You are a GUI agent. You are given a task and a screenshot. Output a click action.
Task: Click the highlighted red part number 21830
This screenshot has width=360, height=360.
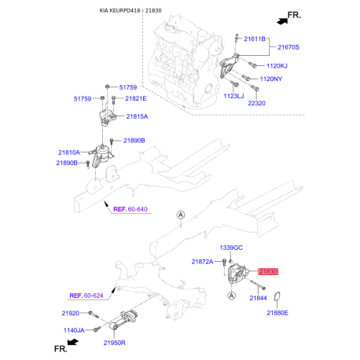pyautogui.click(x=270, y=272)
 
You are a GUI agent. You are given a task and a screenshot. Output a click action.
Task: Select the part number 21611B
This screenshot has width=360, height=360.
pyautogui.click(x=255, y=38)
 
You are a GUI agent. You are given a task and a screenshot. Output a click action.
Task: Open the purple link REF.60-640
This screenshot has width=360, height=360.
pyautogui.click(x=130, y=209)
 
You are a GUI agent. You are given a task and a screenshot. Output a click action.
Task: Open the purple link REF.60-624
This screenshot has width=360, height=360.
pyautogui.click(x=86, y=296)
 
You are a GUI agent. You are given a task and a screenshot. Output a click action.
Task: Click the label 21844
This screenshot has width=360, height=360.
pyautogui.click(x=260, y=299)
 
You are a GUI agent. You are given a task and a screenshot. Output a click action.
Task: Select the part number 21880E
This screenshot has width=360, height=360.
pyautogui.click(x=277, y=313)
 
